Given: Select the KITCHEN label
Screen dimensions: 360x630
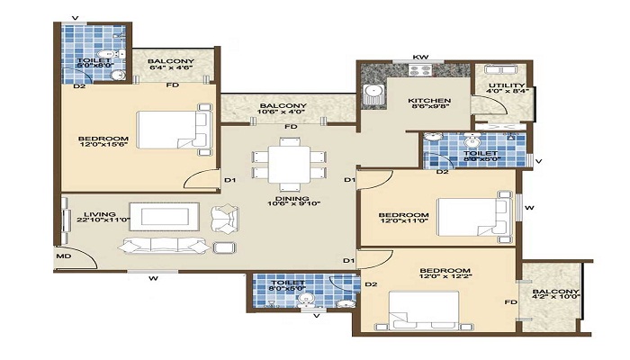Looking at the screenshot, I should tap(424, 101).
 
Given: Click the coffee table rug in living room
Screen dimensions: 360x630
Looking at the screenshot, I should tap(167, 218).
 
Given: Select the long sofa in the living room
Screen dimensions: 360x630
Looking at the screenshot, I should tap(166, 246).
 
